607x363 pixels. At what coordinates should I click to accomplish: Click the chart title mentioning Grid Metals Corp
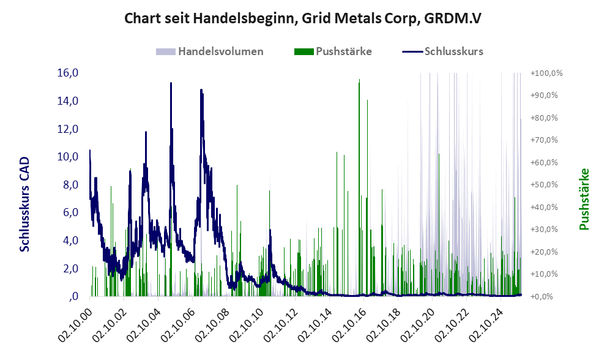click(x=303, y=18)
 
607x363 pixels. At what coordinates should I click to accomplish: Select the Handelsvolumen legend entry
click(x=220, y=51)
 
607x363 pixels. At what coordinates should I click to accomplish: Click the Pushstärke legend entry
click(x=343, y=51)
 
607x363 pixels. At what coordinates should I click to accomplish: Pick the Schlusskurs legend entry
click(x=453, y=51)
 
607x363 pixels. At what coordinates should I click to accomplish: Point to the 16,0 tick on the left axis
click(x=67, y=73)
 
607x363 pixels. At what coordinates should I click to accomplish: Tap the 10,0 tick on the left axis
click(x=67, y=157)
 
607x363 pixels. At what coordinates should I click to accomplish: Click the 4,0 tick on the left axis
click(x=67, y=241)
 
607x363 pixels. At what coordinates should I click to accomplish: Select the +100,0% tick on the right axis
click(x=546, y=73)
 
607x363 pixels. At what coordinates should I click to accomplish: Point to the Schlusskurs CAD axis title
click(x=25, y=204)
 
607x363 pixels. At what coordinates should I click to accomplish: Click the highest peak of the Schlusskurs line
click(x=171, y=83)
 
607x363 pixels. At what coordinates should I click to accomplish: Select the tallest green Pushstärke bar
click(x=359, y=81)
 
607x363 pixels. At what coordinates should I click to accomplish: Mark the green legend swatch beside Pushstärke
click(x=303, y=51)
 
